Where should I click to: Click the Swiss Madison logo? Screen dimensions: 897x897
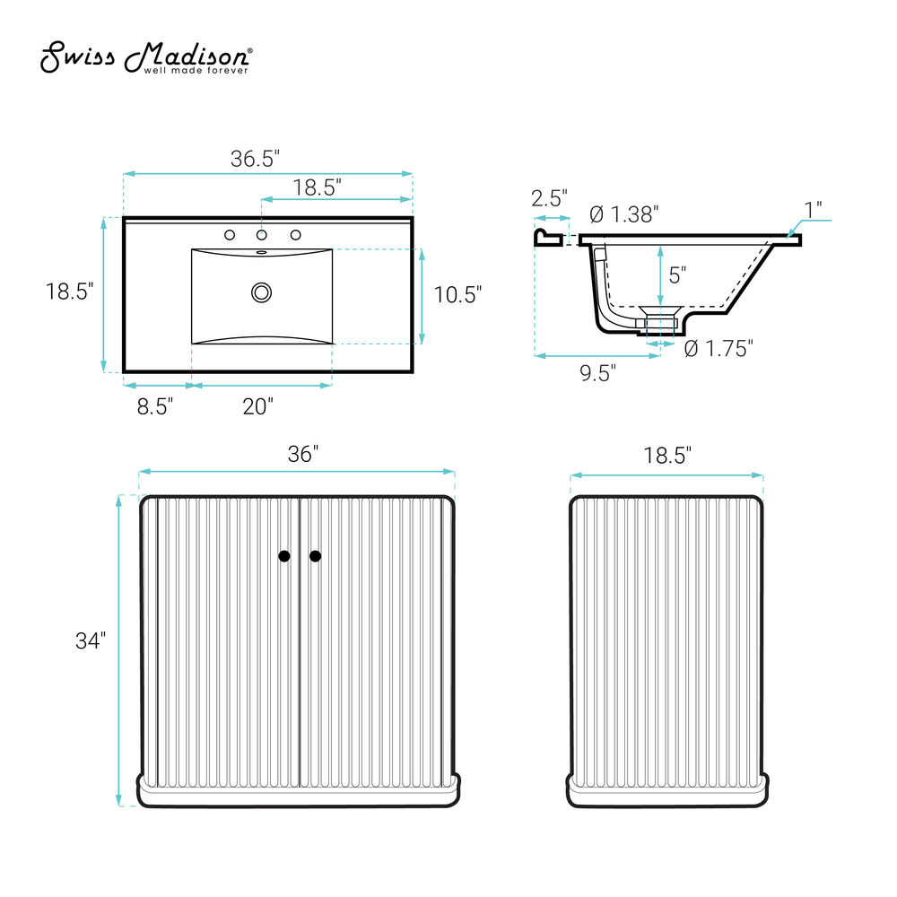click(146, 57)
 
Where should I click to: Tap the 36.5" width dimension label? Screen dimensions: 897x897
click(255, 159)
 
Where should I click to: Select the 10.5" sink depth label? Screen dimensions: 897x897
click(457, 294)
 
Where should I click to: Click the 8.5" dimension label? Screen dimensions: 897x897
click(155, 406)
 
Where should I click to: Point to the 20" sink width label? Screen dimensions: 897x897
click(258, 406)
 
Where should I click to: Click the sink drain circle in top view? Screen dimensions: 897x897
click(261, 293)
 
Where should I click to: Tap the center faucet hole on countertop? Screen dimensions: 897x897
click(261, 234)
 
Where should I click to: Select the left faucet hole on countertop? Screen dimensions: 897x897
click(230, 234)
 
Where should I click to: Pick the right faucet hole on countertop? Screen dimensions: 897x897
click(296, 234)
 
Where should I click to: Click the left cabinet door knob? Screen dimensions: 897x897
click(284, 556)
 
